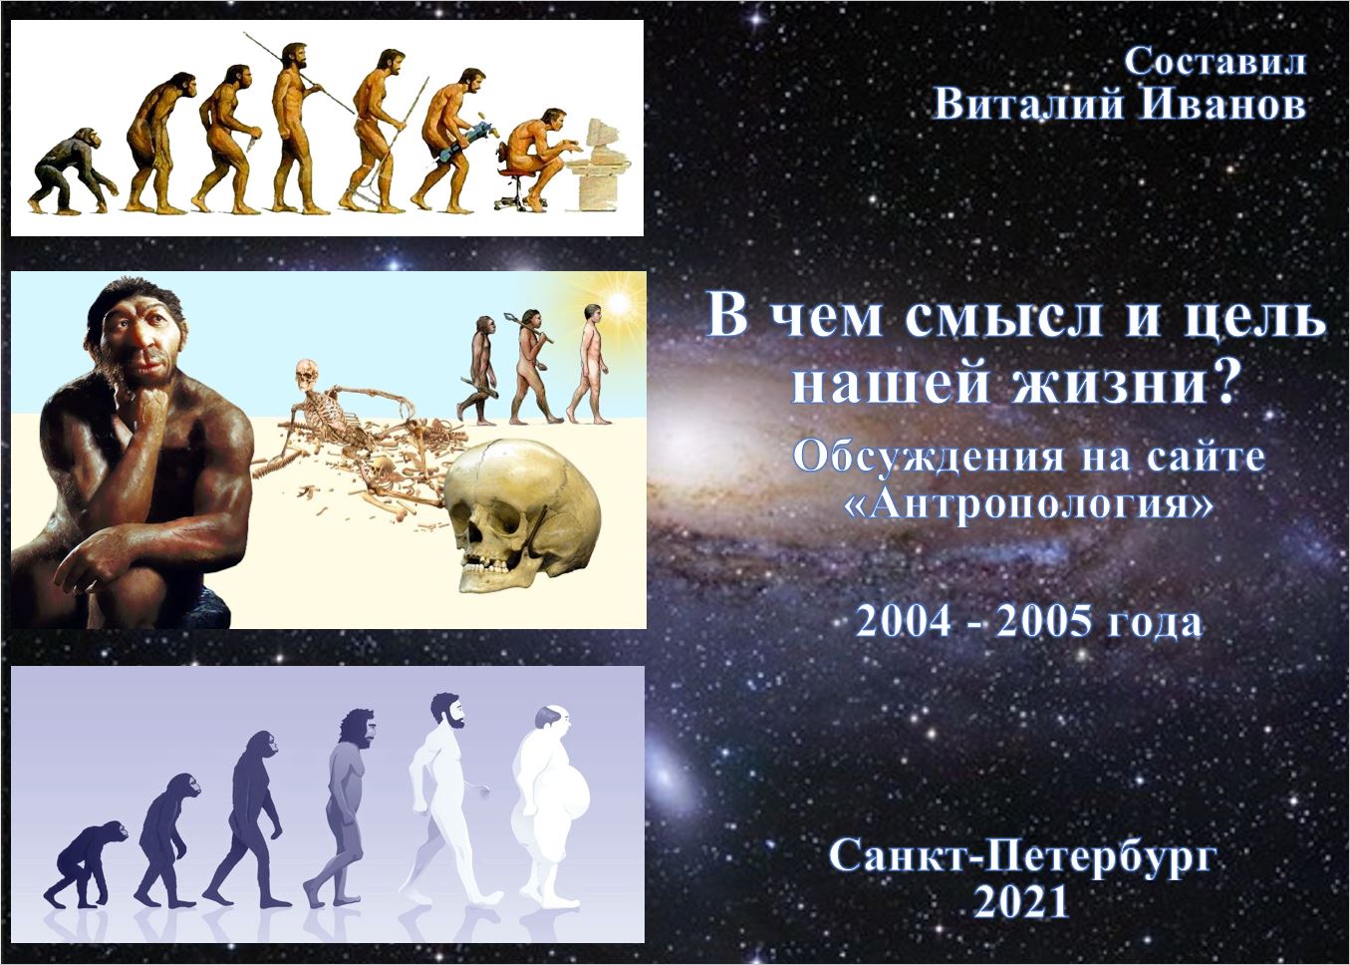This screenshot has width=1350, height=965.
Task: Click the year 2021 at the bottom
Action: coord(1021,902)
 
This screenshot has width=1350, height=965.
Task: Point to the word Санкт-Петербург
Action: coord(1021,855)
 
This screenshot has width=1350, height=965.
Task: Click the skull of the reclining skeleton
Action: coord(307,375)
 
